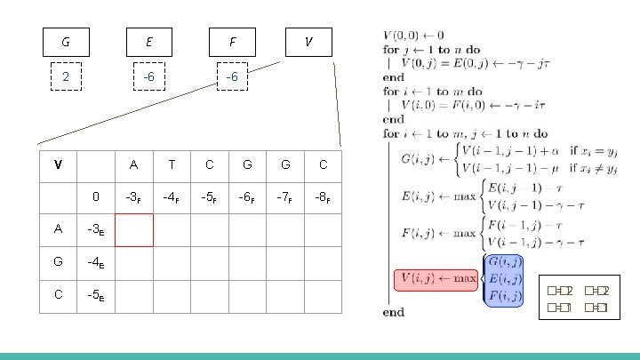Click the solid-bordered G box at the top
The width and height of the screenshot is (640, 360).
click(x=66, y=41)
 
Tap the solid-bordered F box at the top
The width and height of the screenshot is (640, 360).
click(x=232, y=41)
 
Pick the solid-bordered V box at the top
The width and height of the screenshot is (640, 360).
click(x=308, y=41)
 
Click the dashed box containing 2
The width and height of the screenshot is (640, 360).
click(x=66, y=77)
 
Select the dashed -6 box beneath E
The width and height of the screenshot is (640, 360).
click(x=149, y=77)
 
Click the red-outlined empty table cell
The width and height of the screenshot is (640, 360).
click(x=133, y=228)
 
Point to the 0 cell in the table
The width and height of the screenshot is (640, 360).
click(x=96, y=196)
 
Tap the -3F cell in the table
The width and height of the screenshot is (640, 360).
click(x=133, y=196)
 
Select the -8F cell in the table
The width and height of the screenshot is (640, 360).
click(x=323, y=196)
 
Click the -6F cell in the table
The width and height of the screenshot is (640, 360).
click(x=247, y=196)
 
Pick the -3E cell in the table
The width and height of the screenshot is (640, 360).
click(x=96, y=228)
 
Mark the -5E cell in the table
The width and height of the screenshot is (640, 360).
click(x=96, y=296)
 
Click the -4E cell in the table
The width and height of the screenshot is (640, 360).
click(x=96, y=262)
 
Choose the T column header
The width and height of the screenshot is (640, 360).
click(x=172, y=164)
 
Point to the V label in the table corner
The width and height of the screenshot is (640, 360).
click(x=58, y=164)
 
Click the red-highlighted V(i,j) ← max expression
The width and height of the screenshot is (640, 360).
click(x=437, y=279)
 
